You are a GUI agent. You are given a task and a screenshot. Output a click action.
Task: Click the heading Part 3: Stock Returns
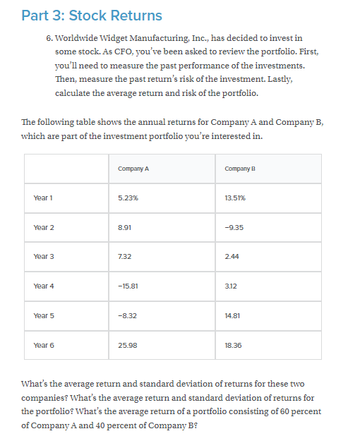click(92, 15)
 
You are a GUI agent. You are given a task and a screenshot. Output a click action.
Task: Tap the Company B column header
click(239, 169)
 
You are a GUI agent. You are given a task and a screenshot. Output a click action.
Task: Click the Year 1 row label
click(44, 198)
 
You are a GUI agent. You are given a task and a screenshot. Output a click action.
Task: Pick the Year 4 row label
click(44, 286)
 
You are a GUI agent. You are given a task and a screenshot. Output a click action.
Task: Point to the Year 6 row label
click(44, 345)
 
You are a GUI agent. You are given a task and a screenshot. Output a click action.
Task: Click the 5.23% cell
click(128, 198)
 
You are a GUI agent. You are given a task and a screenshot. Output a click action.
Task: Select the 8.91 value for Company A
click(125, 228)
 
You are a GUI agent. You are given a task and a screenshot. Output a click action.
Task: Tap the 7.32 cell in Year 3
click(125, 258)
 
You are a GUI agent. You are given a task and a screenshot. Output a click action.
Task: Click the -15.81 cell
click(128, 286)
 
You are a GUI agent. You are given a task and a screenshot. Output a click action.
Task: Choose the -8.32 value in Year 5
click(127, 316)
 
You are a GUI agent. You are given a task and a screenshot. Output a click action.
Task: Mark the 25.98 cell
click(127, 345)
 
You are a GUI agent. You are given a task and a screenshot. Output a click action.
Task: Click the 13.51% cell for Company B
click(235, 198)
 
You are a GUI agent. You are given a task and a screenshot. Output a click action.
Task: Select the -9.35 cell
click(233, 228)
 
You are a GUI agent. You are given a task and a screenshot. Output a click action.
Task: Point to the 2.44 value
click(232, 258)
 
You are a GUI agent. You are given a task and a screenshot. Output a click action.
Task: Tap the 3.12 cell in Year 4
click(231, 286)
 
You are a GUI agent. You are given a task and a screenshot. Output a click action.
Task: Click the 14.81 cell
click(232, 316)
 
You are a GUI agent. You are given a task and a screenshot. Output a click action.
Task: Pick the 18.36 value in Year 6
click(232, 345)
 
